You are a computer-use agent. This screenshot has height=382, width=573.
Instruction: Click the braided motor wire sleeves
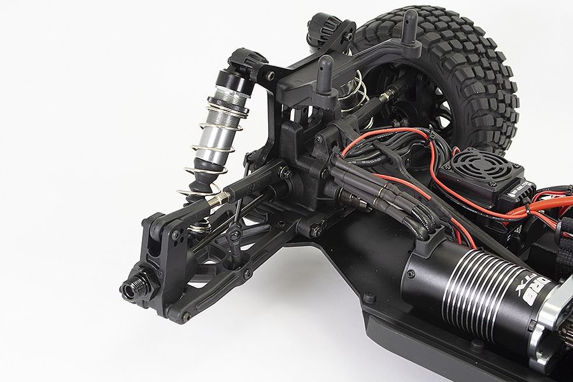click(x=417, y=220)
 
